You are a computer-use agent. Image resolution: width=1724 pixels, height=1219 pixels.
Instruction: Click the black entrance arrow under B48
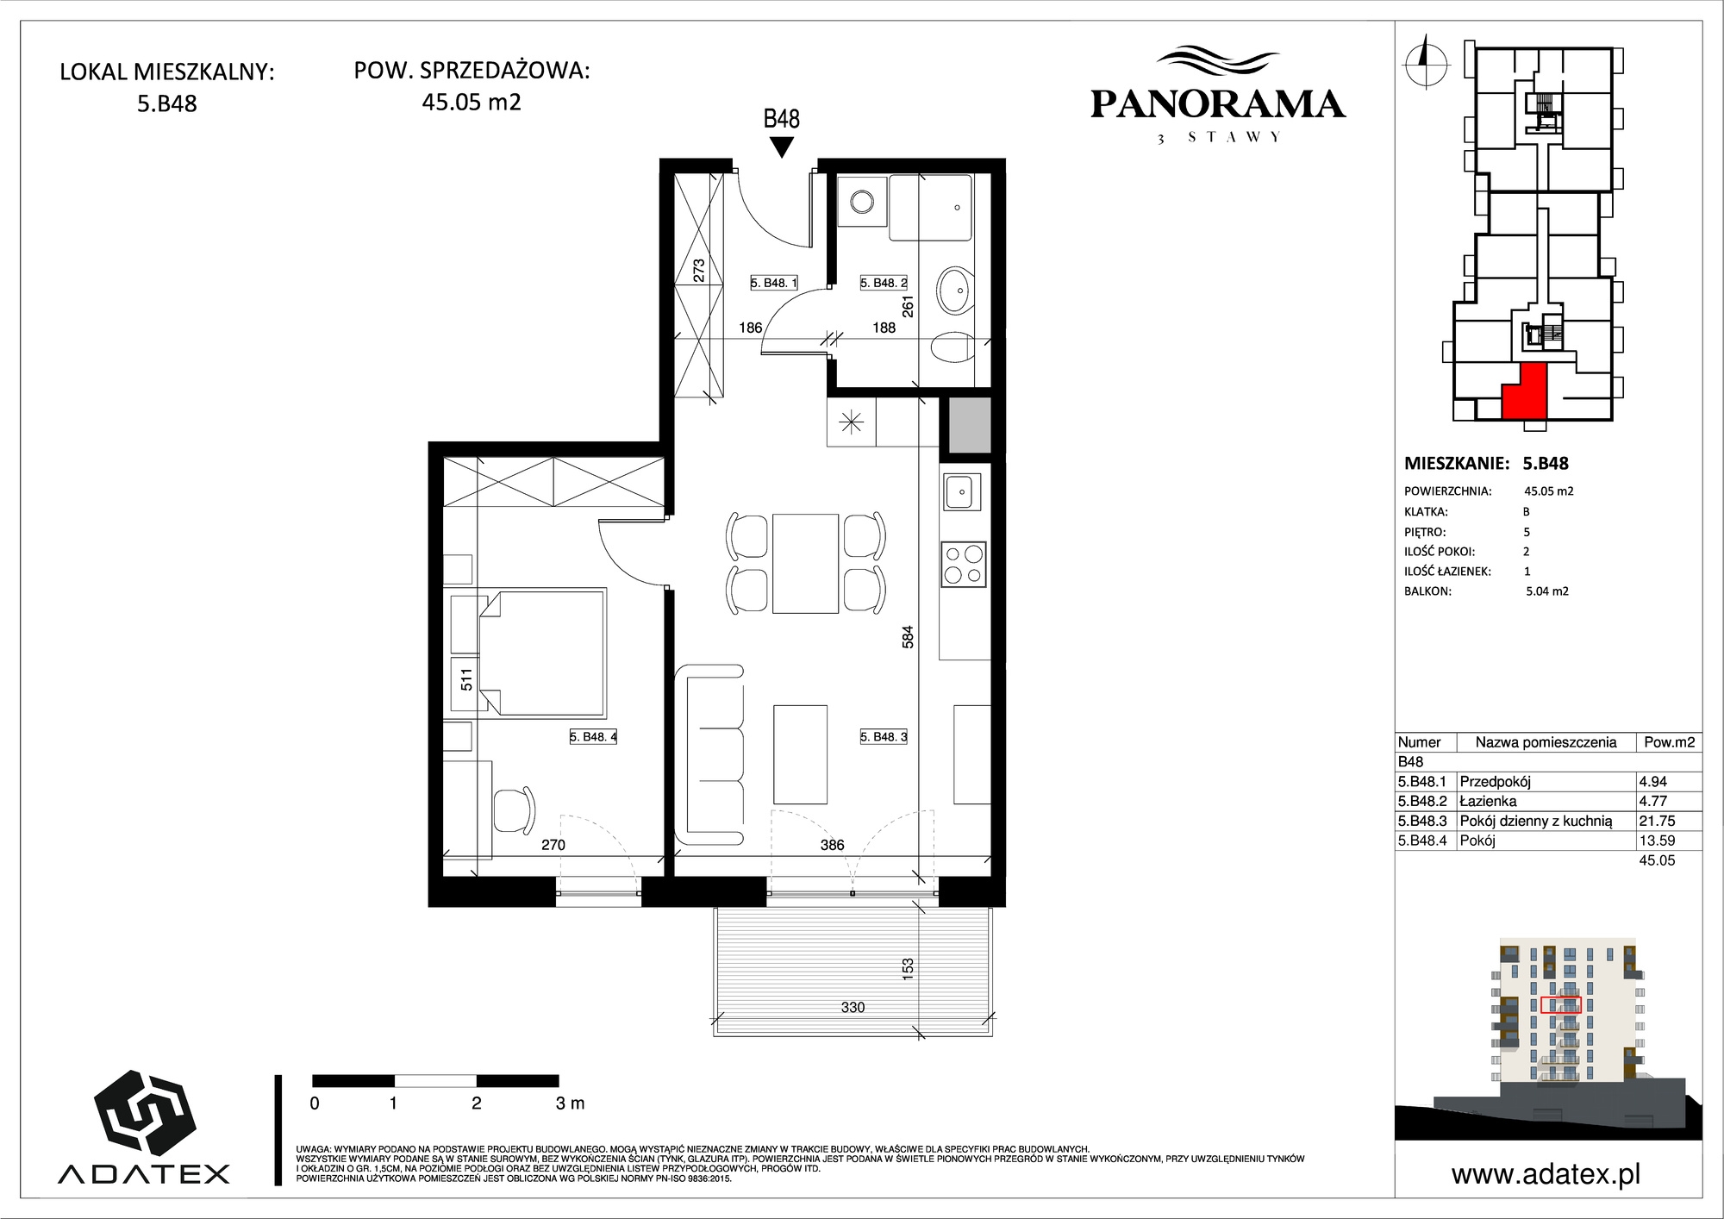tap(781, 147)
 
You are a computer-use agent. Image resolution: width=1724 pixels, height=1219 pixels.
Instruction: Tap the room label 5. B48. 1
tap(774, 283)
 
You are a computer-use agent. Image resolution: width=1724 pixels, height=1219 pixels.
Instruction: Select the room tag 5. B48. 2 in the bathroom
tap(884, 283)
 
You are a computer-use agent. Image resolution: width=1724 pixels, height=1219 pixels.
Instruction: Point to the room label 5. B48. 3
tap(884, 737)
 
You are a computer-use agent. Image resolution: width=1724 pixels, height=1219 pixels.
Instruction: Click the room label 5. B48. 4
tap(593, 737)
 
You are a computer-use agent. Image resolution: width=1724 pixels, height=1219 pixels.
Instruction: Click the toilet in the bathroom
tap(953, 347)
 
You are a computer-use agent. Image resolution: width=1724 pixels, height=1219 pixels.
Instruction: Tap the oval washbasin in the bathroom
tap(955, 290)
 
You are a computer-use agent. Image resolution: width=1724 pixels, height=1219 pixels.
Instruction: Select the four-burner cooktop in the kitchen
tap(963, 565)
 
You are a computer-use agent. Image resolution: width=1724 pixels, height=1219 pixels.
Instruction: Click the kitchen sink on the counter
tap(962, 492)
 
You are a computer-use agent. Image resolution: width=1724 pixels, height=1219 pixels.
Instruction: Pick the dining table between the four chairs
tap(806, 563)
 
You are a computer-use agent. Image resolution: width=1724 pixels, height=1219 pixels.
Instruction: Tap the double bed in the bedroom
tap(542, 652)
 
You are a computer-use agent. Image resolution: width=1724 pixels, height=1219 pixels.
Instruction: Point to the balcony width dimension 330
tap(853, 1007)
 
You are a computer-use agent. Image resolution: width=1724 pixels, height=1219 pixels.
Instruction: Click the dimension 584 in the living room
tap(908, 637)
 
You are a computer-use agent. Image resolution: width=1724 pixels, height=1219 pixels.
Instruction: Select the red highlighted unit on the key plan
tap(1523, 392)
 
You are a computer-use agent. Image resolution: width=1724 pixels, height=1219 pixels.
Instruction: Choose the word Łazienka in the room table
tap(1488, 802)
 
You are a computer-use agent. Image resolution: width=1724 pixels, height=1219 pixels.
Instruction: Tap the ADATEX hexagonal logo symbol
tap(143, 1115)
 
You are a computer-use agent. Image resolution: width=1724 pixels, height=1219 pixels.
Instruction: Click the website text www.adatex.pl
tap(1546, 1174)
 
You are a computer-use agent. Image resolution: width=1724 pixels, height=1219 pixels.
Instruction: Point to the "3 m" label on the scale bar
tap(570, 1103)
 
